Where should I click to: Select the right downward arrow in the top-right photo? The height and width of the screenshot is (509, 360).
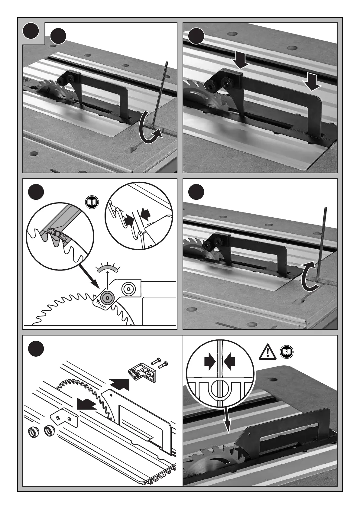click(x=312, y=81)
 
